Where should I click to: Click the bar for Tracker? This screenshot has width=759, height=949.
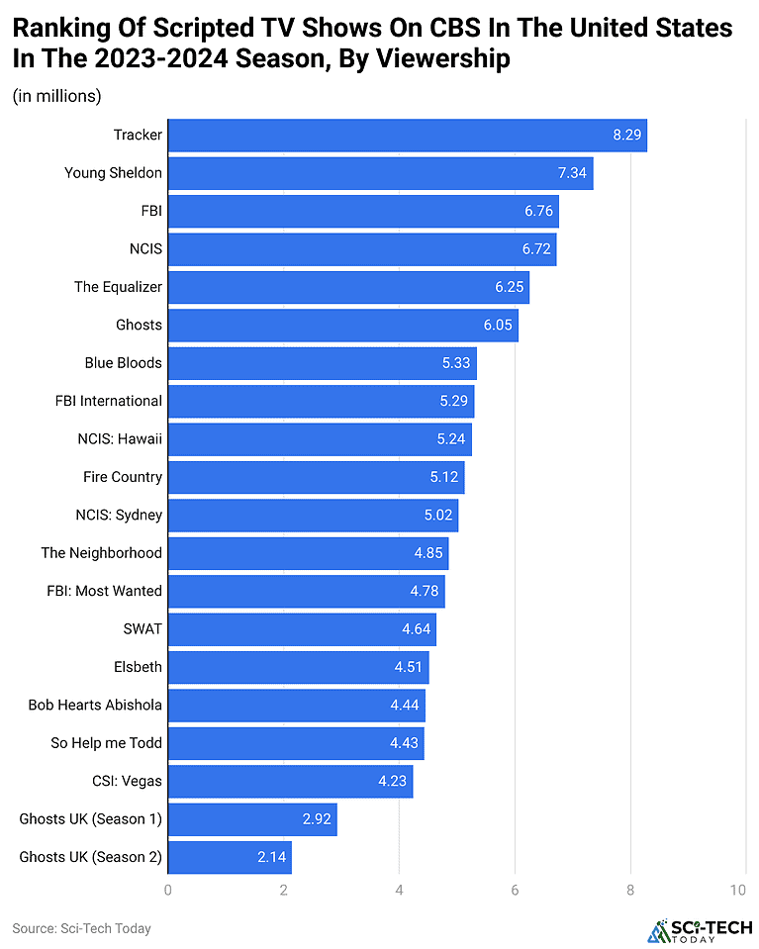(407, 135)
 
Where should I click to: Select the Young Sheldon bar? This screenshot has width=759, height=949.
(380, 173)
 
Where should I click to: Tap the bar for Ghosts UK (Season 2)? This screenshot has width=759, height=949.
(230, 857)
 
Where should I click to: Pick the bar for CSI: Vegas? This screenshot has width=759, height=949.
(290, 781)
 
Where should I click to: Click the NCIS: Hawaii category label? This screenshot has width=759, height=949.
(119, 439)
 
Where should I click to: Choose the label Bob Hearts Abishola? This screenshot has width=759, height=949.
(95, 706)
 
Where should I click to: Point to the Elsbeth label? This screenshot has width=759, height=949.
(138, 667)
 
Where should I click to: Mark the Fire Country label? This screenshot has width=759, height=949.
(123, 477)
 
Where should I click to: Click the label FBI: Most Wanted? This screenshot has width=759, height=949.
(105, 591)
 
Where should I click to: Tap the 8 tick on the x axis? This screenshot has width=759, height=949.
(630, 891)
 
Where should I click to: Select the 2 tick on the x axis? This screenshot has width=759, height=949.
(284, 891)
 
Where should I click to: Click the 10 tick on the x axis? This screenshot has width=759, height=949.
(737, 891)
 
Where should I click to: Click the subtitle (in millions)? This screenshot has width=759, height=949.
(57, 96)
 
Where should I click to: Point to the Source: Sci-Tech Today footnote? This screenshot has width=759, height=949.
(81, 928)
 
